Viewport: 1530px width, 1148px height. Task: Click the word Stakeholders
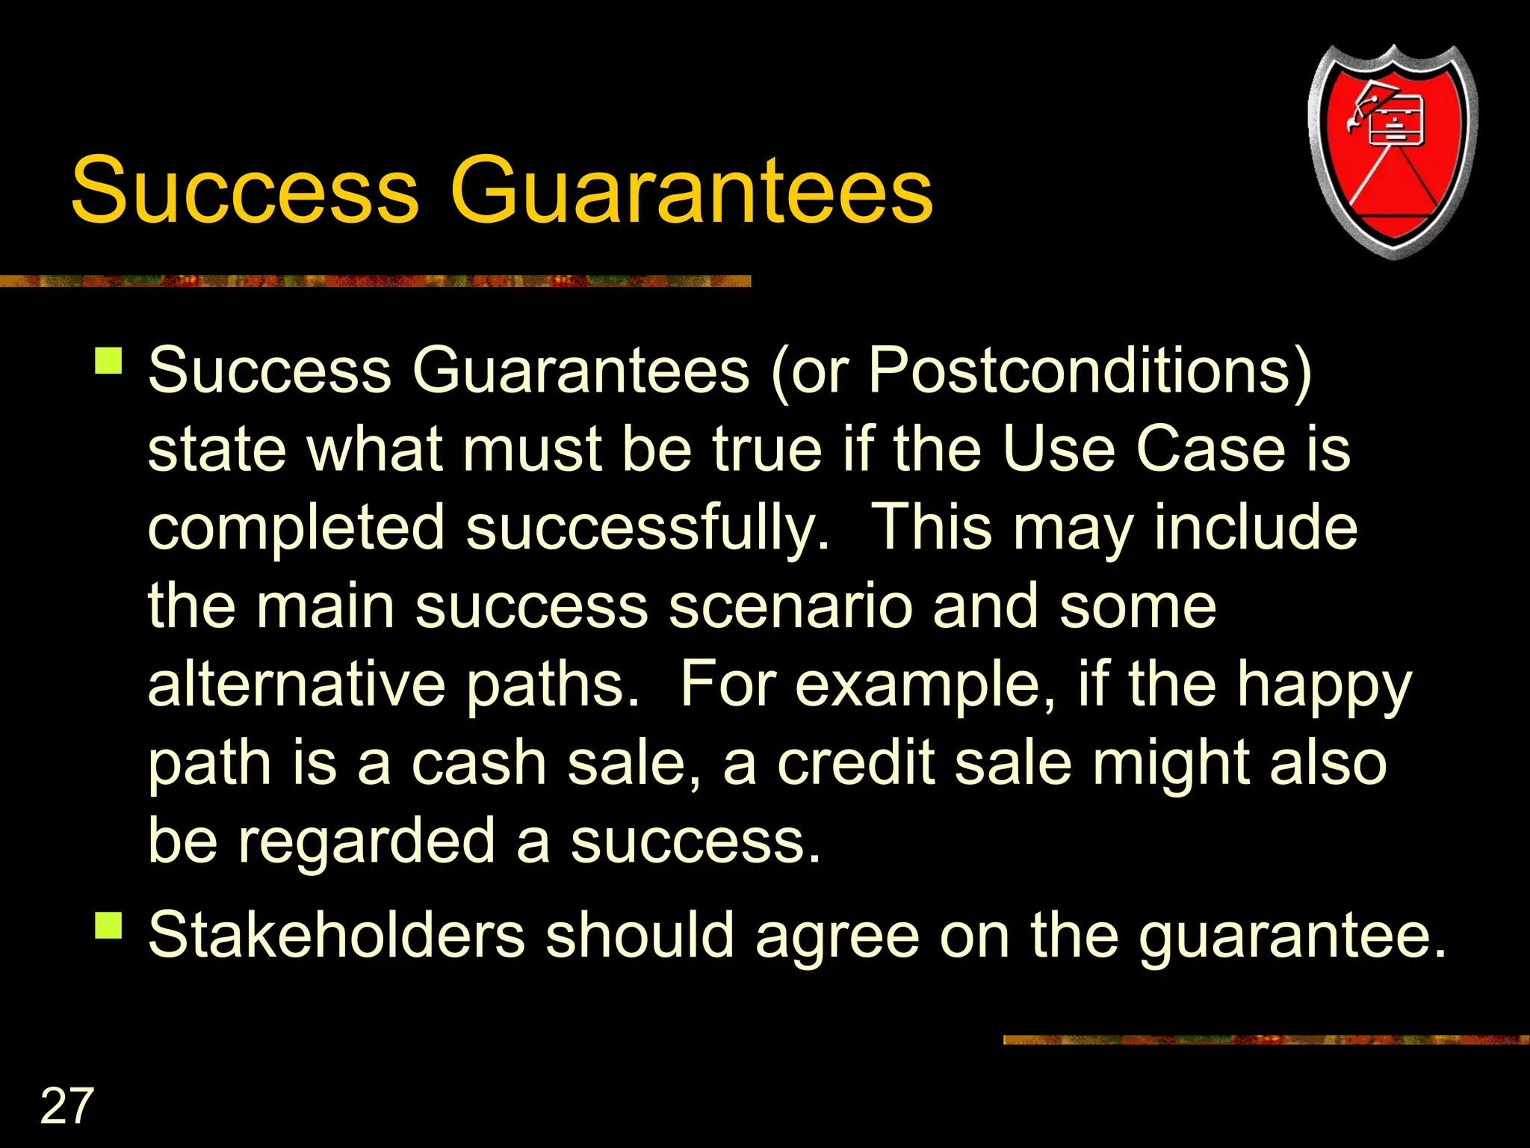[x=337, y=935]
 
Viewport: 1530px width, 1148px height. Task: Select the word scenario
[x=790, y=606]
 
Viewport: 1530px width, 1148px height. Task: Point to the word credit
[x=856, y=763]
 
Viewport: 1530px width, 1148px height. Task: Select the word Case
[x=1210, y=449]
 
